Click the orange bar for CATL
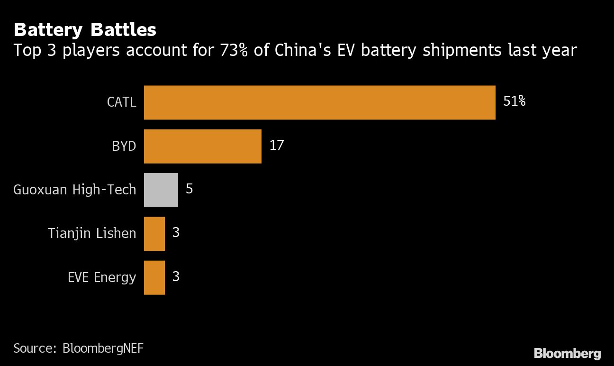pyautogui.click(x=319, y=102)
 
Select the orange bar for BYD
pyautogui.click(x=202, y=146)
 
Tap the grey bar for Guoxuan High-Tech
pyautogui.click(x=161, y=190)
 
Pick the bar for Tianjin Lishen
pyautogui.click(x=154, y=234)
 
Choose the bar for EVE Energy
pyautogui.click(x=154, y=277)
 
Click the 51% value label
pyautogui.click(x=514, y=101)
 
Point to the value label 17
pyautogui.click(x=276, y=145)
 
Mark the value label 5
pyautogui.click(x=189, y=189)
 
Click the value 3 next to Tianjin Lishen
pyautogui.click(x=176, y=233)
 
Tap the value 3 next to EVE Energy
pyautogui.click(x=176, y=276)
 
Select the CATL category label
pyautogui.click(x=121, y=102)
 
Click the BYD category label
pyautogui.click(x=124, y=146)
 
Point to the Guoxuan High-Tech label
pyautogui.click(x=74, y=190)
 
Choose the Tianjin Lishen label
pyautogui.click(x=92, y=233)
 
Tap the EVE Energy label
pyautogui.click(x=102, y=277)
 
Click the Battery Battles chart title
pyautogui.click(x=85, y=30)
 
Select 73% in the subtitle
pyautogui.click(x=234, y=50)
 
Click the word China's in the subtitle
pyautogui.click(x=294, y=50)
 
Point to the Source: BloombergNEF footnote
pyautogui.click(x=78, y=348)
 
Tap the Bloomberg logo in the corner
pyautogui.click(x=567, y=353)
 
